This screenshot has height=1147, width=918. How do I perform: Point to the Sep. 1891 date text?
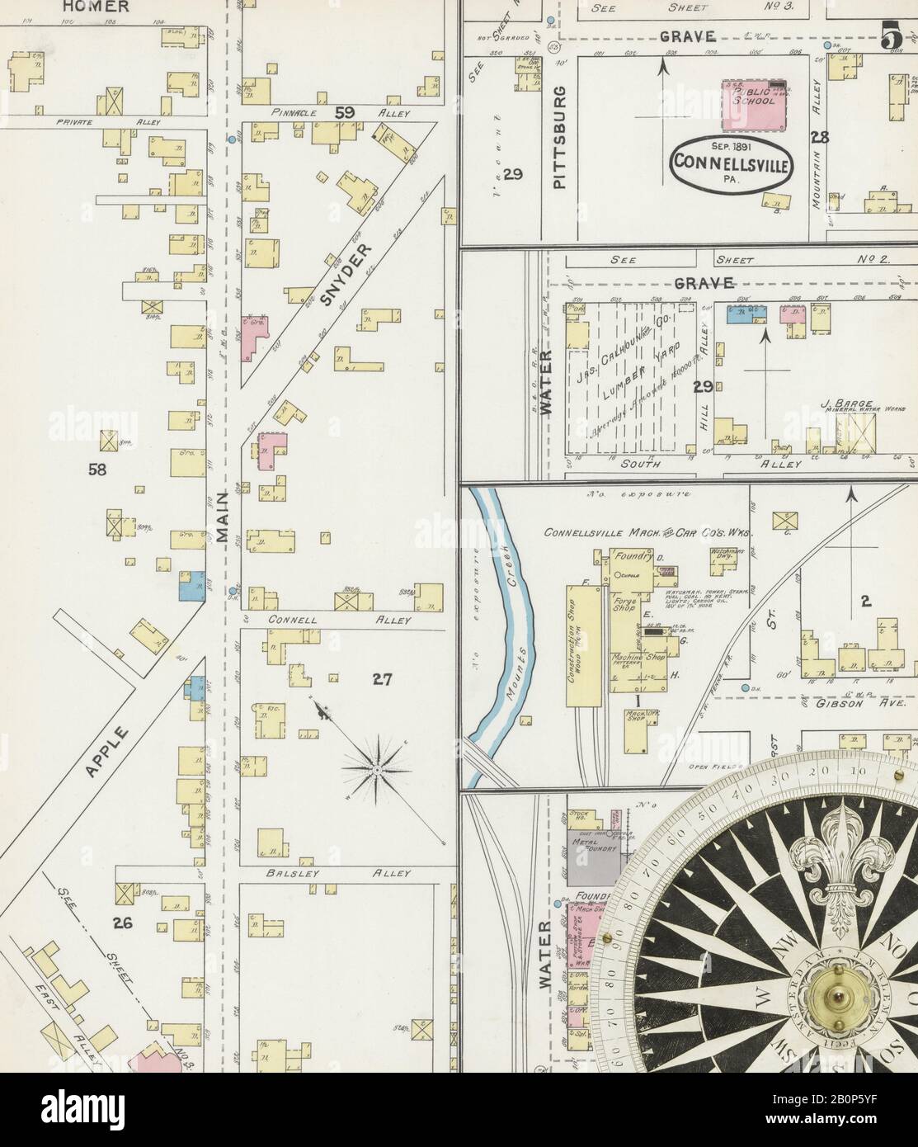(x=732, y=146)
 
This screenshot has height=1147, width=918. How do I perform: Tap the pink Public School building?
(x=752, y=105)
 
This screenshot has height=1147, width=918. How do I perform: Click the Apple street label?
(x=106, y=751)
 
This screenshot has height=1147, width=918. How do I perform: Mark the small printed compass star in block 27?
(x=376, y=769)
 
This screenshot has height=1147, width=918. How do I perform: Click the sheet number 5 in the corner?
(x=889, y=36)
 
